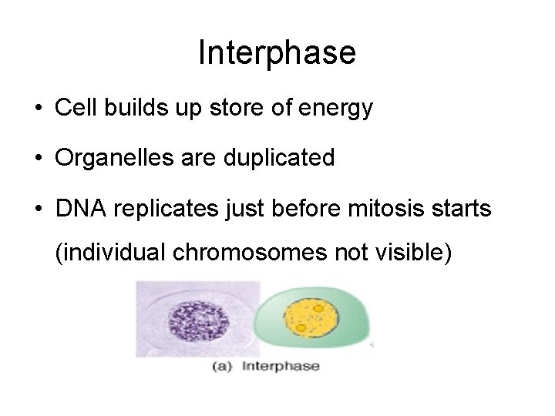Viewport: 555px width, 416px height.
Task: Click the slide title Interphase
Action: point(277,52)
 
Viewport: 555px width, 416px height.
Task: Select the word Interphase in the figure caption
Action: point(281,367)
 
